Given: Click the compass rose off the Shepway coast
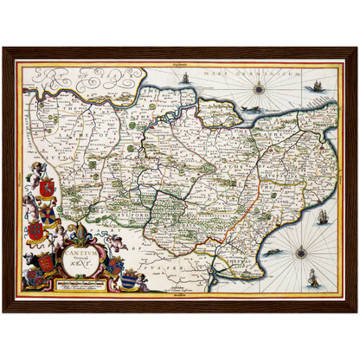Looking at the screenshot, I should coord(300,253).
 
